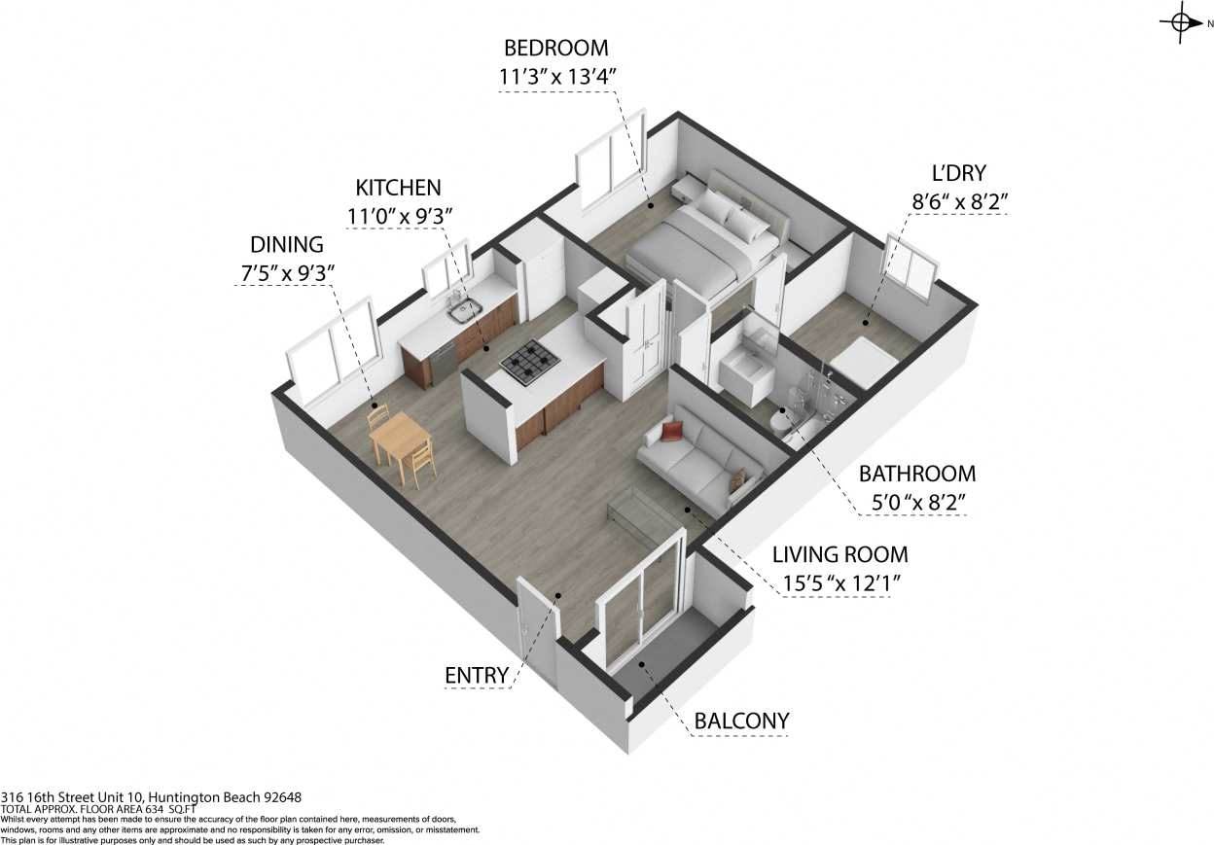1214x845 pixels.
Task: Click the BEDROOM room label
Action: [556, 48]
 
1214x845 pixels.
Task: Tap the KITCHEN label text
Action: [398, 188]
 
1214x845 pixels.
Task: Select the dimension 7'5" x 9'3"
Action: [287, 273]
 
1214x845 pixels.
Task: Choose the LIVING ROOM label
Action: [839, 555]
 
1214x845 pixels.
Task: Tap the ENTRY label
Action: [477, 676]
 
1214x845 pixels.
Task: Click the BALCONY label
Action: [741, 722]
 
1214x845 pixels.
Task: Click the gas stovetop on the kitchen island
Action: [531, 364]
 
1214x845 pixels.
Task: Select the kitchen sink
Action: [464, 312]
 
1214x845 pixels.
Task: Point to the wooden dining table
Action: [401, 438]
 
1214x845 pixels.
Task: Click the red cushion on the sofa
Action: [672, 432]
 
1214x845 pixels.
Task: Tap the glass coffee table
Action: [637, 513]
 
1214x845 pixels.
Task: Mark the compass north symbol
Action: [1183, 22]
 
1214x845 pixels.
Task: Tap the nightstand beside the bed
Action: [689, 186]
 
